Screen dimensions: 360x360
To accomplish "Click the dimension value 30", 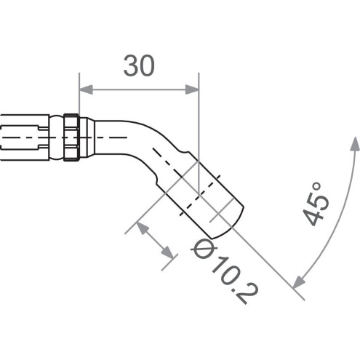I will [138, 67].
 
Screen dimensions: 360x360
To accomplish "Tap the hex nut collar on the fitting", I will [71, 136].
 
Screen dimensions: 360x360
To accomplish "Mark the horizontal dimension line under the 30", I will [138, 89].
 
